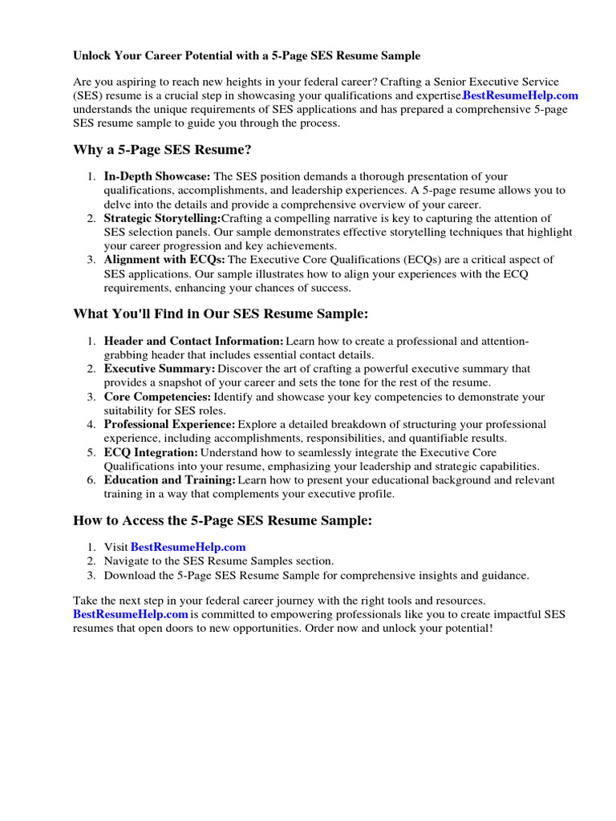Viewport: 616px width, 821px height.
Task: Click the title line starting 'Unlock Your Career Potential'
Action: point(246,56)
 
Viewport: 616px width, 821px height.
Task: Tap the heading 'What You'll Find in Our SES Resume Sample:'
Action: point(221,313)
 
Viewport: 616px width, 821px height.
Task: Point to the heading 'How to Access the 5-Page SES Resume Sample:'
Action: point(223,520)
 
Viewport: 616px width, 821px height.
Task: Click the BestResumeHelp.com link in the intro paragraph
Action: point(521,95)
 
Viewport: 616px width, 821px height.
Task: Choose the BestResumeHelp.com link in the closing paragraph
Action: point(131,614)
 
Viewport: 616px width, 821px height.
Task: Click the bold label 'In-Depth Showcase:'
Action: point(157,176)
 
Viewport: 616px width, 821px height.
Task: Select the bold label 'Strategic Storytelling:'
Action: point(162,218)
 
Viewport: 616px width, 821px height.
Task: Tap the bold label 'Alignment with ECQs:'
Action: point(164,260)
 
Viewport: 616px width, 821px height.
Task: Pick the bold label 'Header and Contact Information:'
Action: point(193,341)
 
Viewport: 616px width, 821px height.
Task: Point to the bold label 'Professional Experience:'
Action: point(169,424)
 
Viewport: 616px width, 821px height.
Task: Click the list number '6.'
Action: point(92,480)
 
